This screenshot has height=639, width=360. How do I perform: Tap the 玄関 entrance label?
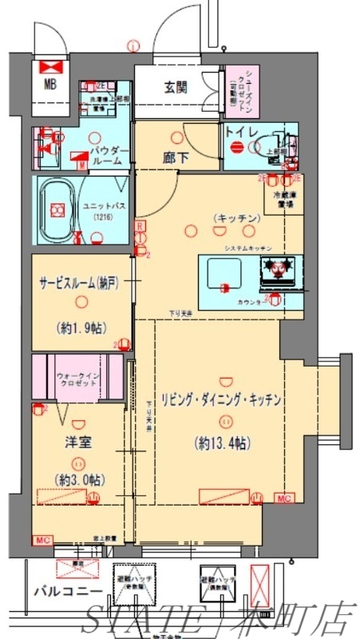pyautogui.click(x=177, y=88)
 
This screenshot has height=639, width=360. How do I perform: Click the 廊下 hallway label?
pyautogui.click(x=177, y=157)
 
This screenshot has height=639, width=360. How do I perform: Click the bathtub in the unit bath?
pyautogui.click(x=57, y=210)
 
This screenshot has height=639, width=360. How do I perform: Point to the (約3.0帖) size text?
pyautogui.click(x=77, y=479)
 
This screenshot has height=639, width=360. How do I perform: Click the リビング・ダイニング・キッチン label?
pyautogui.click(x=221, y=401)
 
